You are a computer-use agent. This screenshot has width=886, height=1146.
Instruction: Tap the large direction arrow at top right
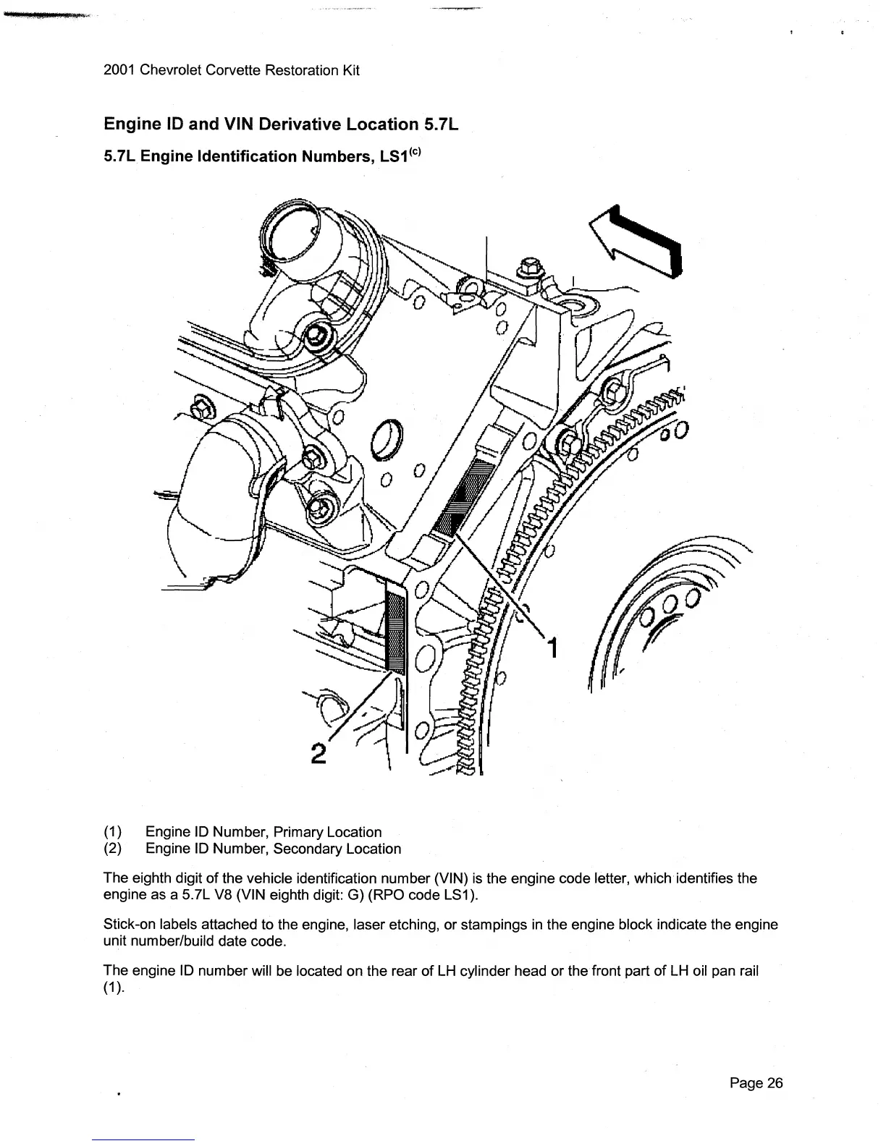pos(637,240)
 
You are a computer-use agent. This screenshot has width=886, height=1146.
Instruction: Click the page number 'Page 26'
pos(756,1083)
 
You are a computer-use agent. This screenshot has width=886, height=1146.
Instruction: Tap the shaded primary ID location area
pos(463,499)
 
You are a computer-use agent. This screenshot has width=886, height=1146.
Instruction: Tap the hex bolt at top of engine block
pos(529,267)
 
